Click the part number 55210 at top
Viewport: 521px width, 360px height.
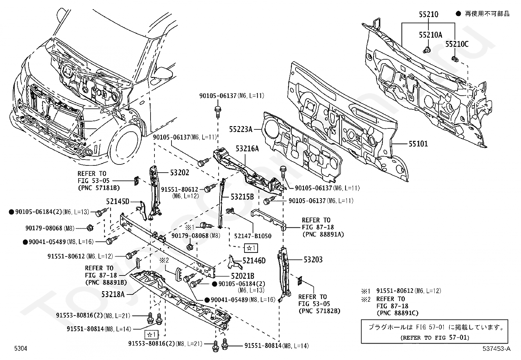(428, 14)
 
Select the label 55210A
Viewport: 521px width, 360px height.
(430, 35)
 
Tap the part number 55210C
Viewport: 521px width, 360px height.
(457, 44)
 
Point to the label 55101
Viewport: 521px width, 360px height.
(418, 144)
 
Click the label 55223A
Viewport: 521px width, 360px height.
(241, 130)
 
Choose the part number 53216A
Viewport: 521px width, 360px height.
(247, 149)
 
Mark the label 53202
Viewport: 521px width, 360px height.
(179, 173)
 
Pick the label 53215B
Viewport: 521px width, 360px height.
(242, 197)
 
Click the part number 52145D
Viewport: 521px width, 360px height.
(117, 201)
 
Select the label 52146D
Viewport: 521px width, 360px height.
(254, 261)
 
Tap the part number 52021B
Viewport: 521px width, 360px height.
(243, 276)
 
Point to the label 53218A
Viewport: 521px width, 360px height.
(113, 294)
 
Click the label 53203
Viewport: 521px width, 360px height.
(313, 260)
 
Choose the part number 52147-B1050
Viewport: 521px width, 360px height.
(253, 236)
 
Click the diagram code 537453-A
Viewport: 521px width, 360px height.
(496, 349)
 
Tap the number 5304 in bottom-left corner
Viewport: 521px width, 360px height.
(20, 349)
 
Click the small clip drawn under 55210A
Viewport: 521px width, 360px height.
(426, 50)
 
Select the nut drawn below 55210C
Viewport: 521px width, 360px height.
(455, 59)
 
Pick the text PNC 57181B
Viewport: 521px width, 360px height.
(99, 188)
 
